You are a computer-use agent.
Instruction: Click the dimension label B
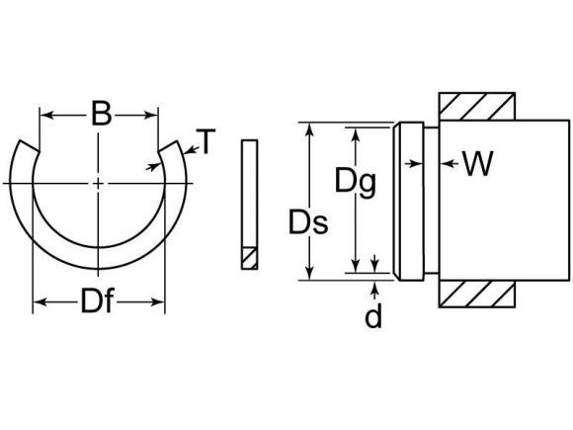tap(100, 115)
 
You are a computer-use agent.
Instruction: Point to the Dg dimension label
tap(353, 181)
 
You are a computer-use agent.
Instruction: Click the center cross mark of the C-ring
tap(99, 184)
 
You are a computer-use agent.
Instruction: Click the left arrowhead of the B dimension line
tap(44, 115)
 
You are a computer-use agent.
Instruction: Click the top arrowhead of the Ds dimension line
tap(310, 129)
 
